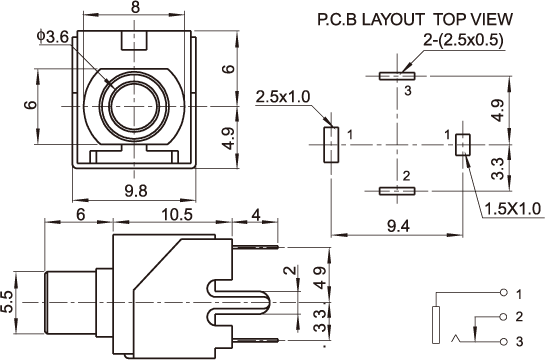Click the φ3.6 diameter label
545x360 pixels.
[x=54, y=37]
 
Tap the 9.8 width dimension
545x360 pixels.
[x=136, y=191]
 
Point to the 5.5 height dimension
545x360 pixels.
[x=8, y=302]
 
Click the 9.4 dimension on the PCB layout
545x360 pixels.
[x=398, y=227]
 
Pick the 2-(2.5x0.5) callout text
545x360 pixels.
[x=463, y=40]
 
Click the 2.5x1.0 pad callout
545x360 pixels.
[x=282, y=97]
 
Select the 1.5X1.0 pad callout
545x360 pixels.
[x=513, y=209]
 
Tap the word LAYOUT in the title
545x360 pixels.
[x=393, y=19]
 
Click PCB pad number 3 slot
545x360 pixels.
[x=397, y=76]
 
